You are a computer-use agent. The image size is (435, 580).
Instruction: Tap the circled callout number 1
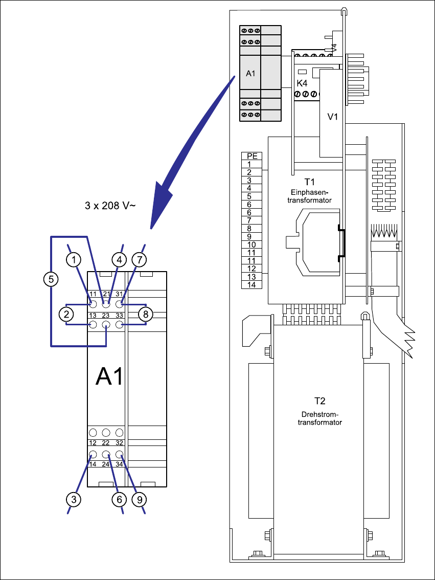(74, 260)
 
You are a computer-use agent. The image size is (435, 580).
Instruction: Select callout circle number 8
(145, 314)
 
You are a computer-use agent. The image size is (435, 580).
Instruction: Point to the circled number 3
(74, 499)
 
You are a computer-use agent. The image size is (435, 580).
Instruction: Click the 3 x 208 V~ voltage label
(109, 206)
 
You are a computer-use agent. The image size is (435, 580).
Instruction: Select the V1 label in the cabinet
(333, 117)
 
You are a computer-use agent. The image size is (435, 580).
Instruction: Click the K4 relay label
(302, 83)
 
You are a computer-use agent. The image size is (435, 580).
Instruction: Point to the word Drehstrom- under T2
(320, 415)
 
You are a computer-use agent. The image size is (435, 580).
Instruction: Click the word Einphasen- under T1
(310, 192)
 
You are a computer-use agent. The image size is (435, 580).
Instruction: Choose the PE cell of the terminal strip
(252, 156)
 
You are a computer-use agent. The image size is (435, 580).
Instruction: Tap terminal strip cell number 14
(252, 284)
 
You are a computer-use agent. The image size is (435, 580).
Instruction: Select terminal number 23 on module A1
(106, 316)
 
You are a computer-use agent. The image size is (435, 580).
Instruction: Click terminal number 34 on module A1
(119, 464)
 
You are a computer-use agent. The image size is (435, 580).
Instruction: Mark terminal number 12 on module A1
(93, 443)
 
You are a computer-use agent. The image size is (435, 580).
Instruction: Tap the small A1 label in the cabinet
(250, 74)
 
